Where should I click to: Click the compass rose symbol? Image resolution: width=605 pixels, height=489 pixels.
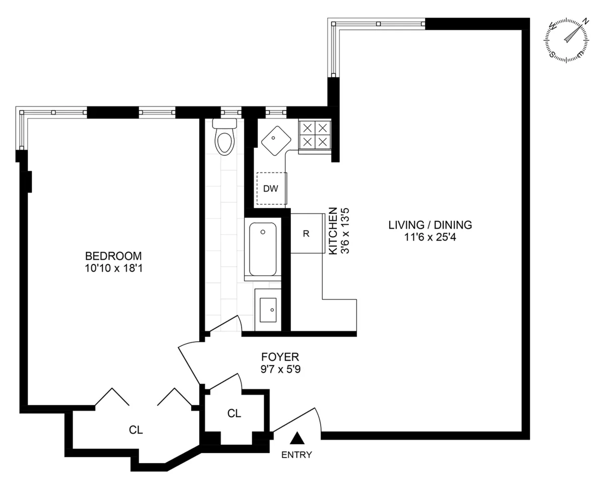pos(566,40)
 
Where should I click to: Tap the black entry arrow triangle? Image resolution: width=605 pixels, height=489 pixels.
pos(298,438)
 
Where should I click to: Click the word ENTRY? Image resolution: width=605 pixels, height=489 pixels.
pos(296,455)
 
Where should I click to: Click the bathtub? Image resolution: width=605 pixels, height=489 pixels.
pos(263,249)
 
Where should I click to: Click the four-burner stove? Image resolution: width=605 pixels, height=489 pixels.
pos(315,135)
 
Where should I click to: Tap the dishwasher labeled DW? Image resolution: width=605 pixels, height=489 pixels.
pos(271,189)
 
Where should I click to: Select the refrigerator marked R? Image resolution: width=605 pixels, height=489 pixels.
pos(306,234)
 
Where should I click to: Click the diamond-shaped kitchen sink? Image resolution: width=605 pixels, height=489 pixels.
pos(275,138)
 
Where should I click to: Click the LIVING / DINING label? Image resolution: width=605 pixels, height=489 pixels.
pos(430,225)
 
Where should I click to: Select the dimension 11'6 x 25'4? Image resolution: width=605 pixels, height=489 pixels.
pos(430,237)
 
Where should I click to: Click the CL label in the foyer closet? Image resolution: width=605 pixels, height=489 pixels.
pos(234,414)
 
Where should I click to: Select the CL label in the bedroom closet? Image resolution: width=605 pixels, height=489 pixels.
pos(136,430)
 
